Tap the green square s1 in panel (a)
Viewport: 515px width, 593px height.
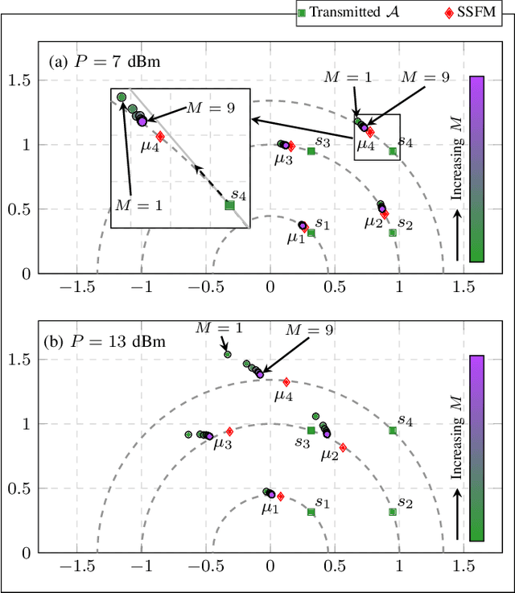[x=311, y=233]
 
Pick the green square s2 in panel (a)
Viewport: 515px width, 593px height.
[x=393, y=233]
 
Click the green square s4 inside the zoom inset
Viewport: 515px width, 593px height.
[x=229, y=205]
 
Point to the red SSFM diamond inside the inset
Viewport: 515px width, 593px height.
[x=160, y=137]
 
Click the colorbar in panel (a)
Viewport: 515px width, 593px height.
[x=476, y=169]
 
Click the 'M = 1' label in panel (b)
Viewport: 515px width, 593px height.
[x=217, y=327]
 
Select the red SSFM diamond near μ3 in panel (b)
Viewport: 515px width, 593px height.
[x=229, y=432]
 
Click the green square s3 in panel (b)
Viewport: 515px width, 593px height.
[x=311, y=430]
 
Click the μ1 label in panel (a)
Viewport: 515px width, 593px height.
[x=296, y=238]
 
